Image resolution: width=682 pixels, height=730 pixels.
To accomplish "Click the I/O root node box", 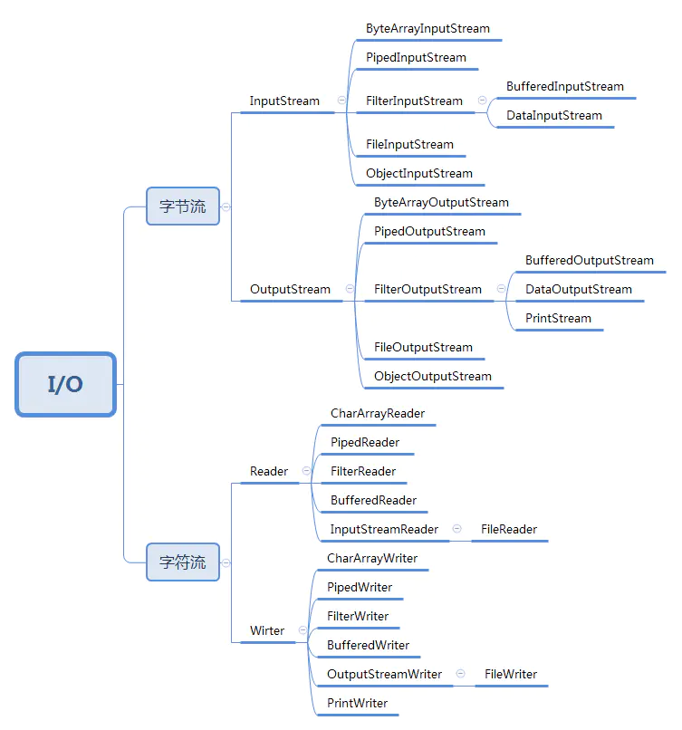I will [65, 384].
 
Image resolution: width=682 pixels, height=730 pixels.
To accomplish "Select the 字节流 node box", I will [183, 207].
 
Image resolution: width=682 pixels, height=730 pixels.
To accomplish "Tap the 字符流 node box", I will [183, 562].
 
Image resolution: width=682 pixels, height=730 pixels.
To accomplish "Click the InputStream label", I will [284, 101].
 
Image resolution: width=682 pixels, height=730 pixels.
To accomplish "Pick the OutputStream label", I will [290, 290].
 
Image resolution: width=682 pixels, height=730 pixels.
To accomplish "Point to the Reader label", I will [269, 472].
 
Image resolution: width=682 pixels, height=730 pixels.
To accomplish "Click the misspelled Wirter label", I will [267, 631].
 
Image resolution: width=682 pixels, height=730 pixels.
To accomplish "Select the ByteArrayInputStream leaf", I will [427, 29].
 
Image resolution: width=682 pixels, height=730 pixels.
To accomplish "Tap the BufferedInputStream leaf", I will [564, 87].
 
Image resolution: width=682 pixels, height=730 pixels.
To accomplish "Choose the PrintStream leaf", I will [558, 319].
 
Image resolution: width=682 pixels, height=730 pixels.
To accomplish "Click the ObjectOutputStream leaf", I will [433, 377].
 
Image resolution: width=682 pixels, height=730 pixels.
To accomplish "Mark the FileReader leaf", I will [509, 530].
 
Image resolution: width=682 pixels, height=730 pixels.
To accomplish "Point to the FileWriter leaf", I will [511, 675].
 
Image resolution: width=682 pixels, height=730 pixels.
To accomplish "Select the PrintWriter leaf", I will [357, 704].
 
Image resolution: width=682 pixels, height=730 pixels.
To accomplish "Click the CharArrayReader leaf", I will [378, 414].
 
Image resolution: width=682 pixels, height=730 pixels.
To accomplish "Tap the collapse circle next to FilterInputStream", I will [482, 101].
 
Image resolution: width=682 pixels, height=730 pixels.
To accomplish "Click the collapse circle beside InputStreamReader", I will [456, 529].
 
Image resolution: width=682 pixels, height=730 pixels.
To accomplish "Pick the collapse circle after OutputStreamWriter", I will [460, 674].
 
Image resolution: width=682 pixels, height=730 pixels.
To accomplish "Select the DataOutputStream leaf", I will [578, 290].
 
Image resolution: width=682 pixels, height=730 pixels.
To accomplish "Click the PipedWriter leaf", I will [360, 588].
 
